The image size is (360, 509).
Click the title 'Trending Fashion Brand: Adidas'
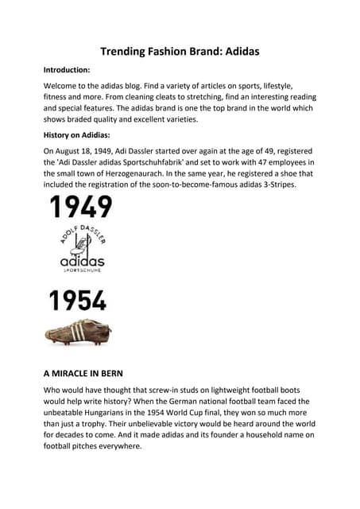point(180,52)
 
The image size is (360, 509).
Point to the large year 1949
point(81,208)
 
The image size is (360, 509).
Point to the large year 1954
point(78,301)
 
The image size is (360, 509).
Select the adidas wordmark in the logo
point(82,260)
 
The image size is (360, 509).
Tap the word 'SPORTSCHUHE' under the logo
point(82,271)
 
